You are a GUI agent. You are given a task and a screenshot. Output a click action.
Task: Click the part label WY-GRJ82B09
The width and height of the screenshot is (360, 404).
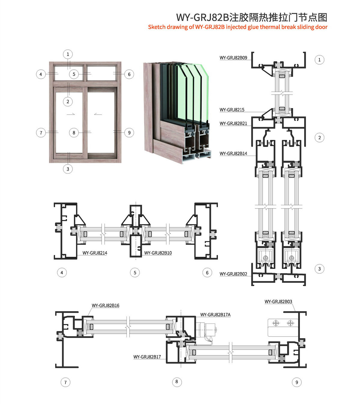(x=233, y=58)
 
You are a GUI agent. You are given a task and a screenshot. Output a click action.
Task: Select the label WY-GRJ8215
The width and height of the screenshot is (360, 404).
(x=232, y=110)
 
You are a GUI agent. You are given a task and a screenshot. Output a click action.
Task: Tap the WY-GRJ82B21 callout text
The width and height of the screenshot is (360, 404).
(x=233, y=123)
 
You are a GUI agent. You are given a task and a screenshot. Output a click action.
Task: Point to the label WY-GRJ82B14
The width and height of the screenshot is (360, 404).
(x=233, y=153)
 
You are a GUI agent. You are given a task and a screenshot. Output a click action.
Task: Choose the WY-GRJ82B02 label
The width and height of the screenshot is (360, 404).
(x=233, y=274)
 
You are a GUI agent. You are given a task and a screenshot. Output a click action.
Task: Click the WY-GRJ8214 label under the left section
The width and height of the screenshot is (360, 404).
(x=95, y=253)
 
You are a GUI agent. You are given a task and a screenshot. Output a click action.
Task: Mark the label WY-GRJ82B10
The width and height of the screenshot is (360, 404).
(x=158, y=253)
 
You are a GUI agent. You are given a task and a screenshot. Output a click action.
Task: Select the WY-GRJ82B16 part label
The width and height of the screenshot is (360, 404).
(x=105, y=305)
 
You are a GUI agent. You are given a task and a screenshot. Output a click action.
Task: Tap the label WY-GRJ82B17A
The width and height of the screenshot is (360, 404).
(x=215, y=315)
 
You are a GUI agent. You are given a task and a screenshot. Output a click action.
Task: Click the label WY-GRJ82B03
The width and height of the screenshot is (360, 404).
(x=278, y=302)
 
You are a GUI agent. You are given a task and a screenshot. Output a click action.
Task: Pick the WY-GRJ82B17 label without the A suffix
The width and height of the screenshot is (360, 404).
(x=147, y=357)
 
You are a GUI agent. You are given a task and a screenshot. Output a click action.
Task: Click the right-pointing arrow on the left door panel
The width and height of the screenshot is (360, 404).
(x=71, y=114)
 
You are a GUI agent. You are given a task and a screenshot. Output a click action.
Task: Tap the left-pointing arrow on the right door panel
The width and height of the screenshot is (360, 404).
(x=98, y=114)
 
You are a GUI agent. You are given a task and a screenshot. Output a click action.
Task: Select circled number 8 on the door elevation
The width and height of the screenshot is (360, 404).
(x=74, y=133)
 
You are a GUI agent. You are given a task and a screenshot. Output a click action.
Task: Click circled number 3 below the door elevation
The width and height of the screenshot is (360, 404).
(x=68, y=169)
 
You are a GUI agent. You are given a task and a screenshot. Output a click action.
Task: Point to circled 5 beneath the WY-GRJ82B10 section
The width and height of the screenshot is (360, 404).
(x=135, y=273)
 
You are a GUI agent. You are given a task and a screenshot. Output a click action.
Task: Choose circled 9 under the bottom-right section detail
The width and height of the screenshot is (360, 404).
(x=297, y=382)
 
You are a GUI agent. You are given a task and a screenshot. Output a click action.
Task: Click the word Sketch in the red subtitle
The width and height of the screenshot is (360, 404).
(x=157, y=27)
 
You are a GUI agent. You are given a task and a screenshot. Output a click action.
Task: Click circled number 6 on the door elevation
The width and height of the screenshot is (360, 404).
(x=129, y=74)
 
